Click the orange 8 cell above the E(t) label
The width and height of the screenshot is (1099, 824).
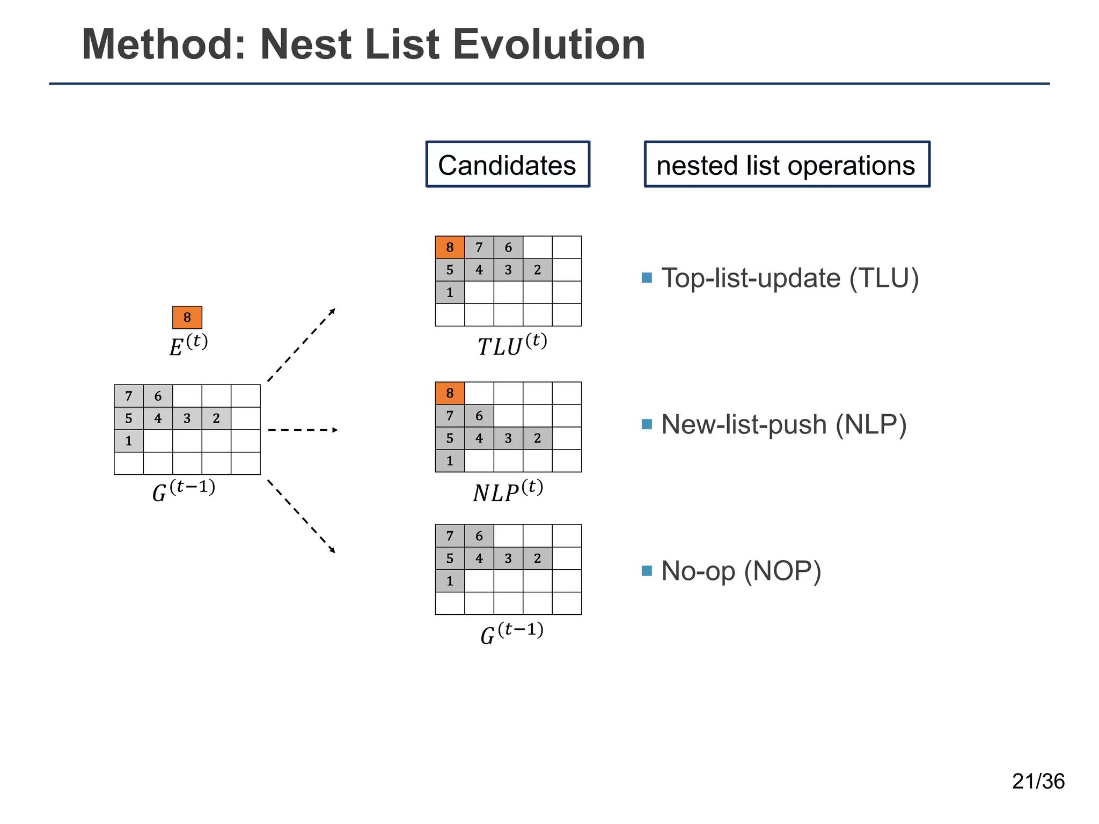187,317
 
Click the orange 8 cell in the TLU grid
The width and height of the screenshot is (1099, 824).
450,247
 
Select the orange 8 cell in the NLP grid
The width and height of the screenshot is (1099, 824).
450,393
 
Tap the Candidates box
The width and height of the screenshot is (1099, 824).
508,165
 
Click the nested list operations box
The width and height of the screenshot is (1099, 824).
786,165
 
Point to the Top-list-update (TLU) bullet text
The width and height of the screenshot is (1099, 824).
789,278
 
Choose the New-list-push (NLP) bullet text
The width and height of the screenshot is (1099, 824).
783,424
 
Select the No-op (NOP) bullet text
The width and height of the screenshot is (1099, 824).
741,571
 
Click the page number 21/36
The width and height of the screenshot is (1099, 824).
1038,781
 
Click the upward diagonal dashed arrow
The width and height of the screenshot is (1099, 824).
301,345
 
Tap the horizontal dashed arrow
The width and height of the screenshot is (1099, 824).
303,430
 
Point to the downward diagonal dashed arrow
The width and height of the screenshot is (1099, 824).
301,516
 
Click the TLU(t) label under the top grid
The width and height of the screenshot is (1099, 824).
512,344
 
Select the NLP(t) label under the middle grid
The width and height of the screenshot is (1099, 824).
508,491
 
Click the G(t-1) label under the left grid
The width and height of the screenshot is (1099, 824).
184,490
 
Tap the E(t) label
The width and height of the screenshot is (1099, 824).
188,345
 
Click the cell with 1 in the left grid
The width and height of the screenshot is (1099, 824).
129,441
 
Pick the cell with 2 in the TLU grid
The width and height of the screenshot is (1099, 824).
537,270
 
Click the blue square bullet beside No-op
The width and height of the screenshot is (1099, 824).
647,570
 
